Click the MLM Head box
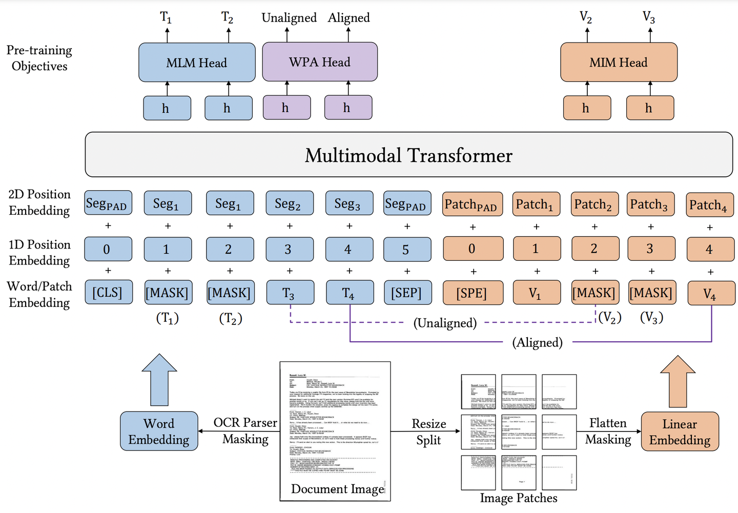[x=197, y=63]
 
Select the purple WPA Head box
[x=320, y=62]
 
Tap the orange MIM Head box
[x=619, y=63]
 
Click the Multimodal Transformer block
[x=408, y=155]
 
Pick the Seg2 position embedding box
[x=289, y=203]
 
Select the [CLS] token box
[x=108, y=293]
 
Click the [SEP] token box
[x=407, y=293]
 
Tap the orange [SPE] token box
[x=471, y=293]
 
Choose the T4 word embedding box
[x=349, y=293]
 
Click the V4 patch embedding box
[x=710, y=293]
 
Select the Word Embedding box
[x=159, y=432]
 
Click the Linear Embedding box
[x=680, y=432]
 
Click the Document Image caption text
[x=337, y=489]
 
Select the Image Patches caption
[x=518, y=498]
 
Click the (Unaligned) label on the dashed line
[x=445, y=323]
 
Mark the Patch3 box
[x=650, y=204]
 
